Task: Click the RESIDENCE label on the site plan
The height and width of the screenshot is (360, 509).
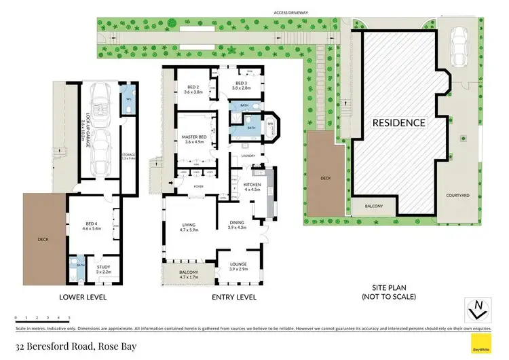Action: click(x=398, y=123)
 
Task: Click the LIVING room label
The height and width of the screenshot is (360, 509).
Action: click(x=188, y=227)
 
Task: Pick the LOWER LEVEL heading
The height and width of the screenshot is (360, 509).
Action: click(x=83, y=298)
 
